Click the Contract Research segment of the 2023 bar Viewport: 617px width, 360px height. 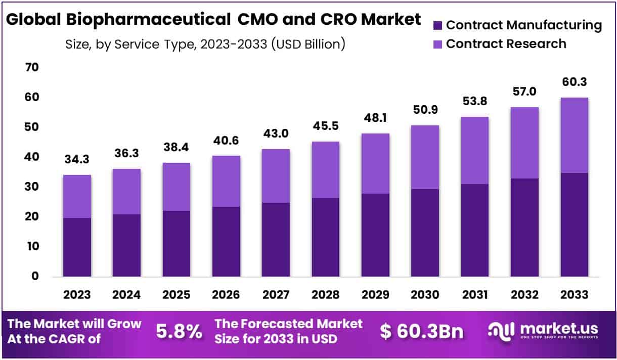77,196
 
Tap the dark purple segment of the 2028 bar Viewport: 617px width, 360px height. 325,237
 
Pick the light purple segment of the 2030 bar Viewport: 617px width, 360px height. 425,157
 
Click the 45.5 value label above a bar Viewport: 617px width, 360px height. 325,132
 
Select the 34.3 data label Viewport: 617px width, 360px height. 77,160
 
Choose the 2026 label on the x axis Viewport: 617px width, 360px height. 226,295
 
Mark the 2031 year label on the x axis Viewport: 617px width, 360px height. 474,295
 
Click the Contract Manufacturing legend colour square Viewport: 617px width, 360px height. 438,25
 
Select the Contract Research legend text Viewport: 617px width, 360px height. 506,44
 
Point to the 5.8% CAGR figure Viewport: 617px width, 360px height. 179,331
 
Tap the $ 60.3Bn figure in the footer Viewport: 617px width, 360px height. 422,331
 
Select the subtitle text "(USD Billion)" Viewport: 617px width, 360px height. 308,44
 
